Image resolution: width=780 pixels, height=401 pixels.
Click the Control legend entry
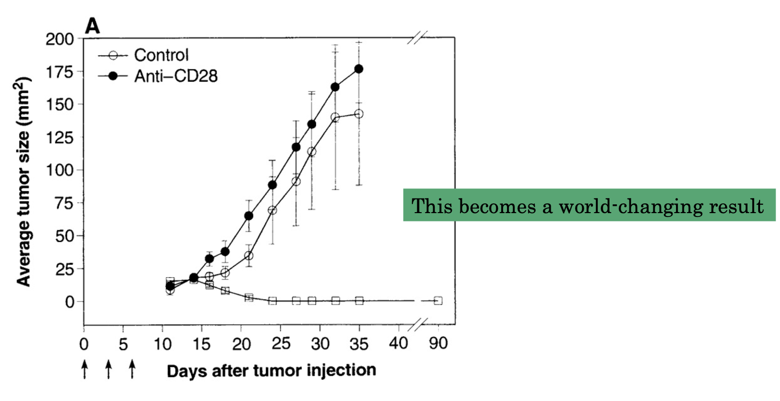(160, 55)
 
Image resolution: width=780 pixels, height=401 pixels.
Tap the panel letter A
(92, 26)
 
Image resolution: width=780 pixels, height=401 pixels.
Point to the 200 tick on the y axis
(60, 39)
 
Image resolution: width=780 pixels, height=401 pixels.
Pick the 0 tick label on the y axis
(70, 302)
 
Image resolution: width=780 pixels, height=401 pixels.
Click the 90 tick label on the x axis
(438, 343)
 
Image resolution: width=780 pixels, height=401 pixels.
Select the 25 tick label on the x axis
(281, 344)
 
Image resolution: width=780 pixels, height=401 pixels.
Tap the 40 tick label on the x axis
(398, 343)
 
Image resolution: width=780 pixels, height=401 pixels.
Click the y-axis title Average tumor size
(23, 182)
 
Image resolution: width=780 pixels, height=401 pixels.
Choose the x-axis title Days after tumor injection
(271, 370)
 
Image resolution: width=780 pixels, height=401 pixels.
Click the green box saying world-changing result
(589, 205)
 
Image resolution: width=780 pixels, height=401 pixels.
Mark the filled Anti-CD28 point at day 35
(359, 69)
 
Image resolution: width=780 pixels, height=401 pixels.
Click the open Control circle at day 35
(359, 114)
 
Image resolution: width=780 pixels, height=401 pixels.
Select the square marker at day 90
(438, 301)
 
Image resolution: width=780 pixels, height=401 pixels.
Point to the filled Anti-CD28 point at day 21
(249, 216)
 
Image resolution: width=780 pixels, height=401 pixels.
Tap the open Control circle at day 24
(272, 210)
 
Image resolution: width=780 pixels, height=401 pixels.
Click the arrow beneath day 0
(85, 369)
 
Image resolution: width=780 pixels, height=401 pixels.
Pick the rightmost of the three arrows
(132, 369)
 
